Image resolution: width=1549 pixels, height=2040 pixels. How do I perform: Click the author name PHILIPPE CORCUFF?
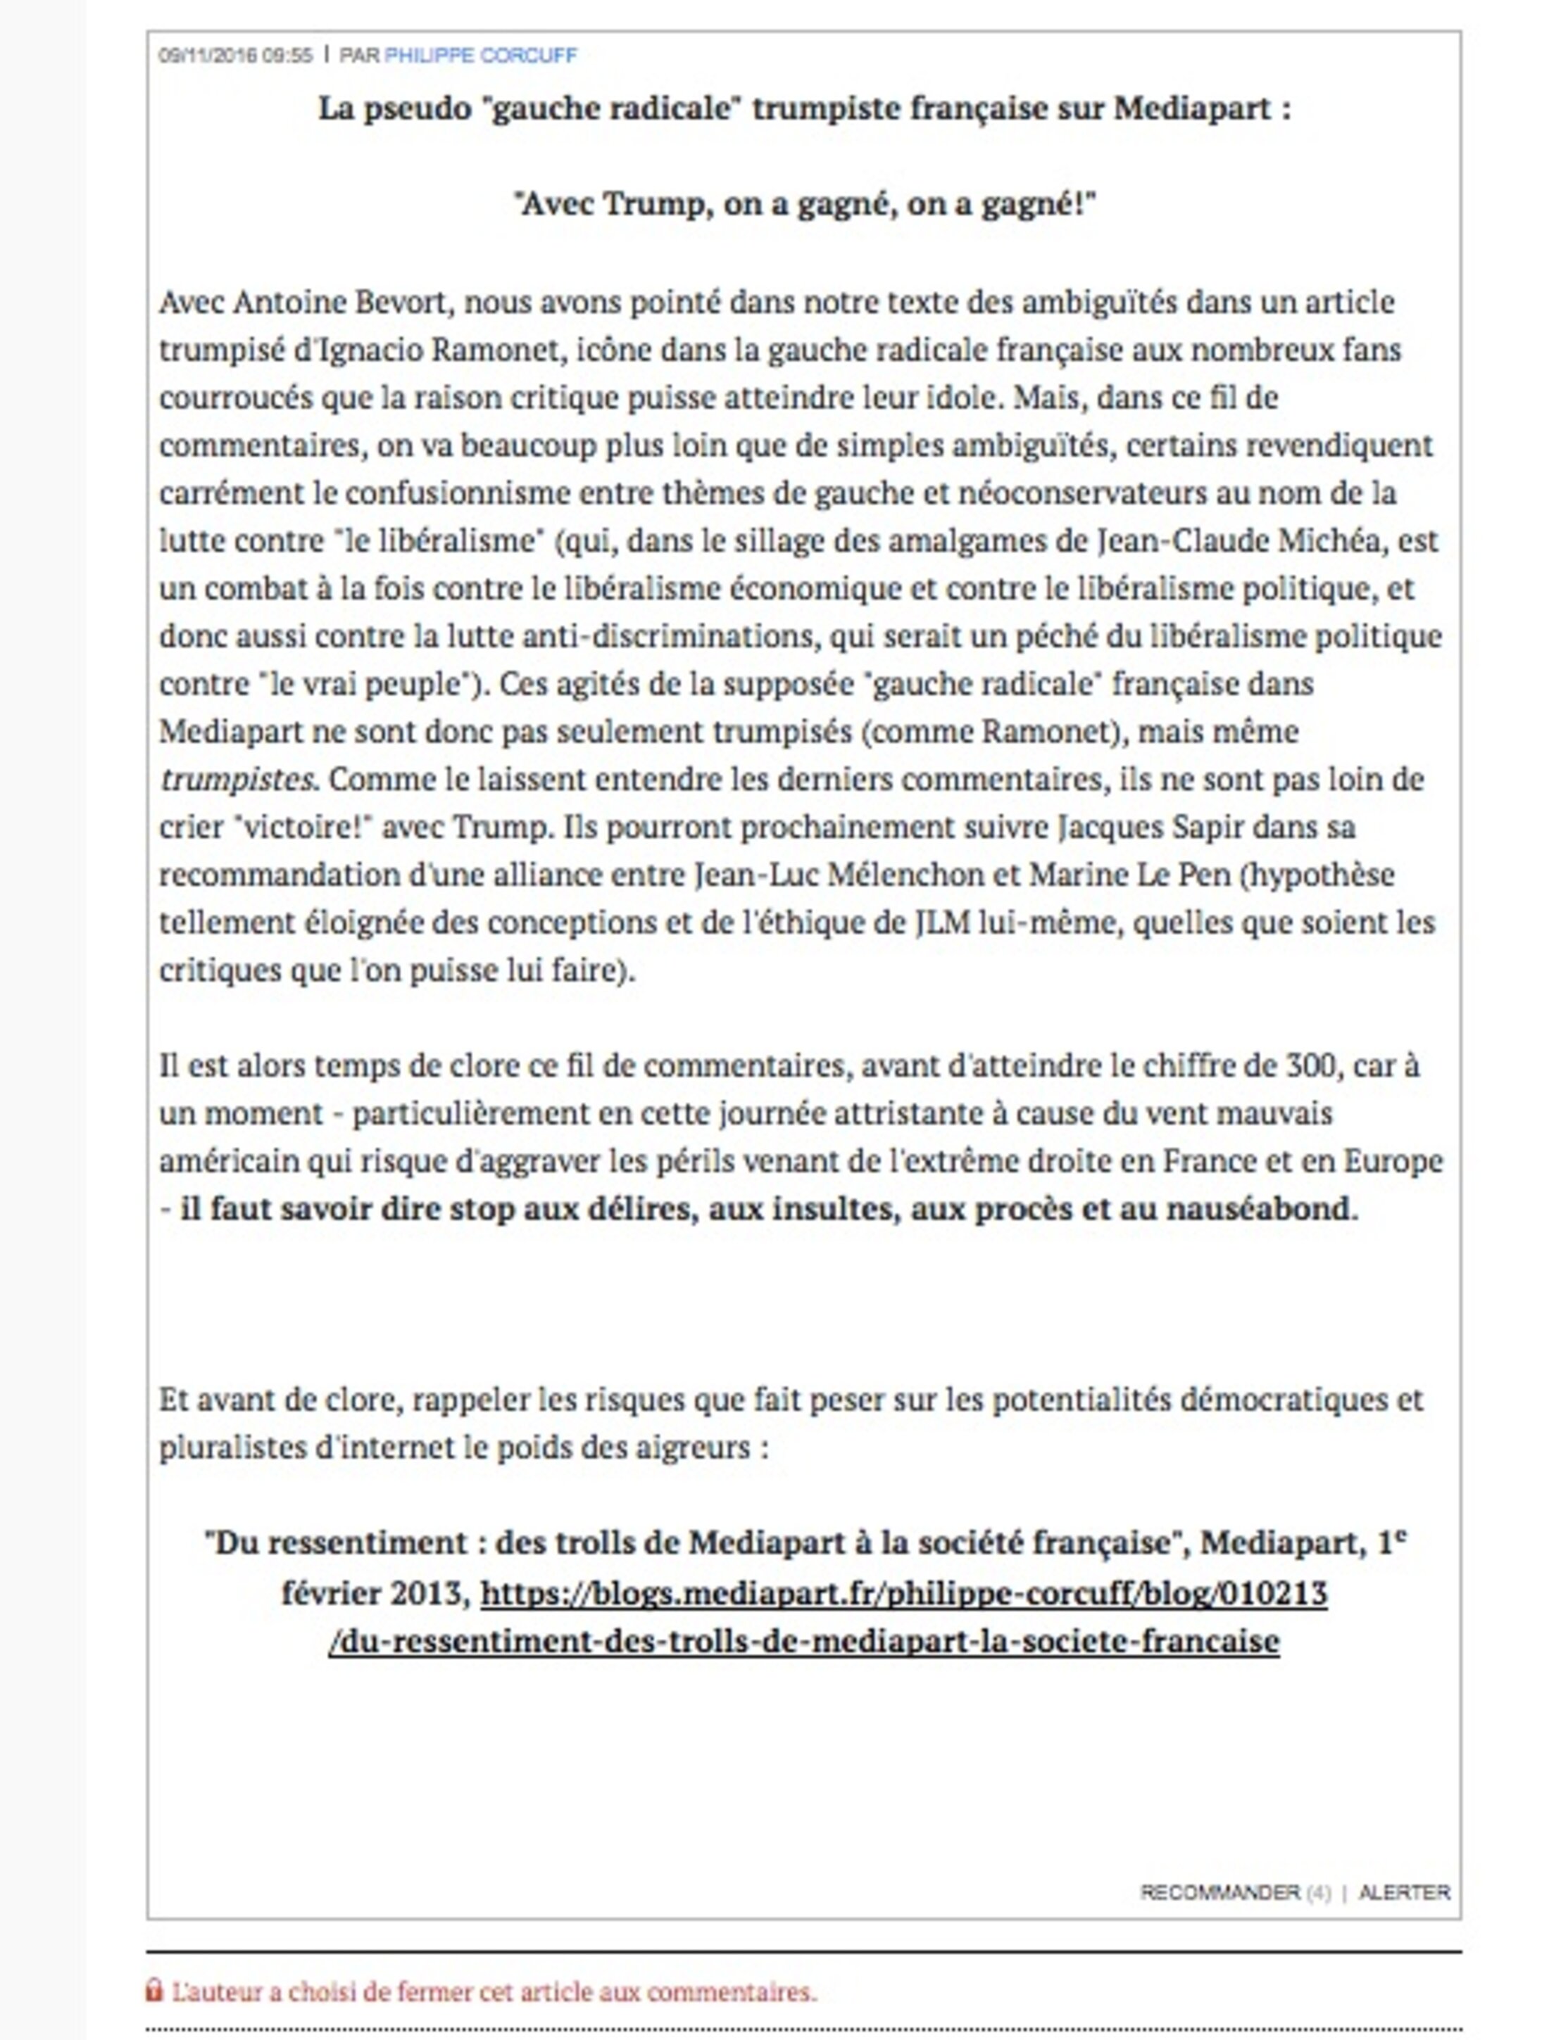[x=481, y=56]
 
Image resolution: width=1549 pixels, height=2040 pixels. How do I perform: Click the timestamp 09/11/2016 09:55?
[x=236, y=56]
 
